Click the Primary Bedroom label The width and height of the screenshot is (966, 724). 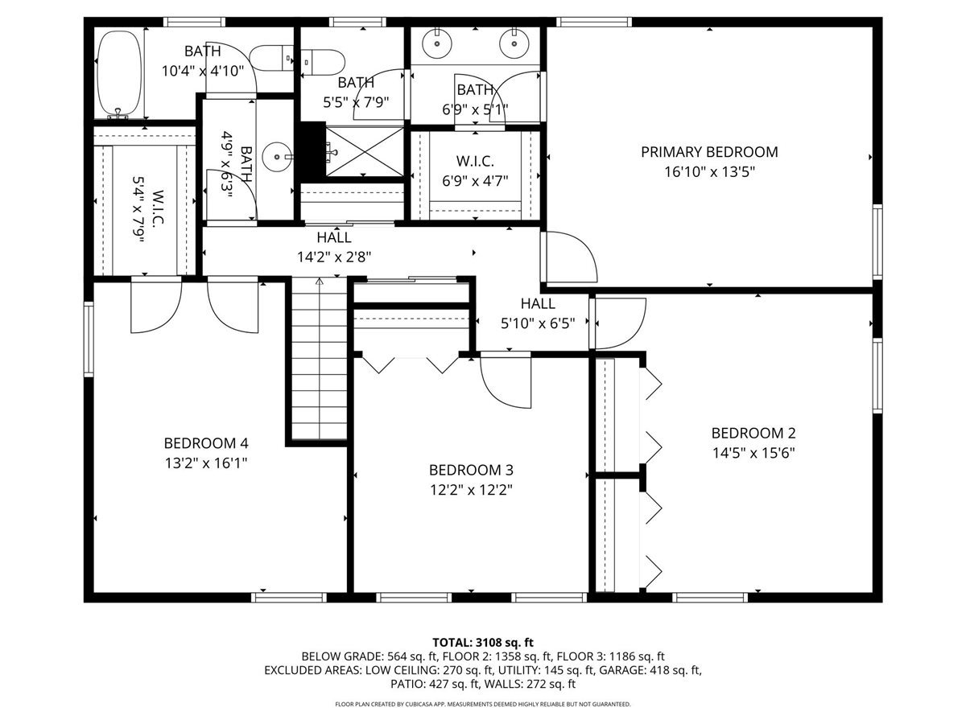click(x=709, y=152)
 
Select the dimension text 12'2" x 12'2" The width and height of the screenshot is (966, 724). click(x=471, y=489)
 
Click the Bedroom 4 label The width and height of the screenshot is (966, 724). click(x=205, y=443)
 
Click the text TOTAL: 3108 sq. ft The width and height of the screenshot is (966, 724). click(x=483, y=642)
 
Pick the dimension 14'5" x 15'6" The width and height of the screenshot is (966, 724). click(x=753, y=453)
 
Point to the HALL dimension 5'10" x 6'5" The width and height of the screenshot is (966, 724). click(x=537, y=323)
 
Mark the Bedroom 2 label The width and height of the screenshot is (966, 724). click(x=753, y=433)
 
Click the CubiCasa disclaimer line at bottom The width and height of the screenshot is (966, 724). click(x=483, y=704)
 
